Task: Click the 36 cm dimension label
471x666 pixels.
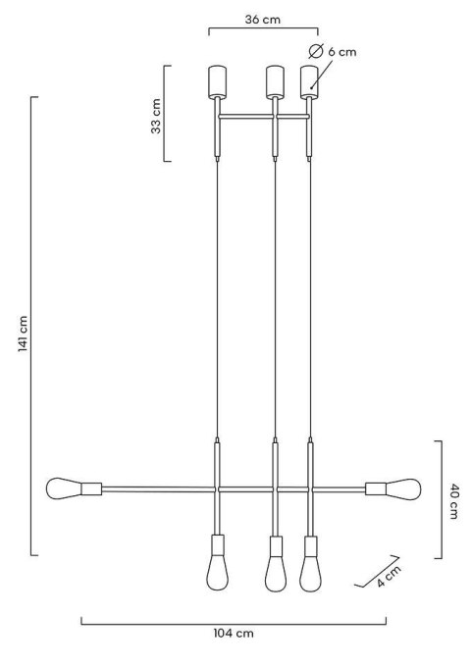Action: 263,20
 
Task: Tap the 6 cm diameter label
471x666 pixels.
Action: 341,52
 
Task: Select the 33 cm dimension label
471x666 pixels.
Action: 156,116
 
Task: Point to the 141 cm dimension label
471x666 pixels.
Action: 23,333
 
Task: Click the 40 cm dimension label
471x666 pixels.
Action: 453,501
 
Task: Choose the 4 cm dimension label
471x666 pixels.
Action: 389,577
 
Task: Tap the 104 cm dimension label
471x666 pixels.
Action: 234,634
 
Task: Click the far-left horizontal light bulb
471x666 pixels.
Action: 64,488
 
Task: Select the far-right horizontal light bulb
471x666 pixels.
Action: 403,488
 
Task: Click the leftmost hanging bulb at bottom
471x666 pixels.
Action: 217,573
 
